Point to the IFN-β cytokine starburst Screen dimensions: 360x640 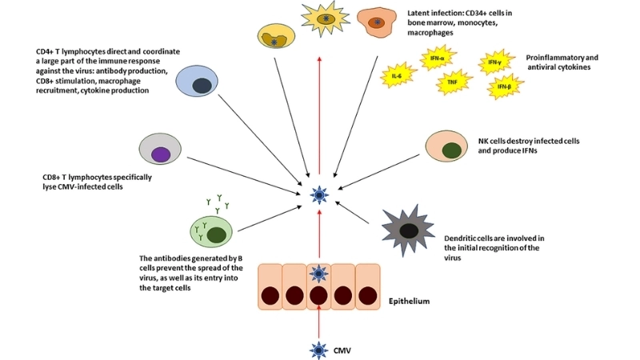pos(505,86)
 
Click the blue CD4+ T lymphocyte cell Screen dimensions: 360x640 pos(197,84)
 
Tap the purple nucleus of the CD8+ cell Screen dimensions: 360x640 pos(161,154)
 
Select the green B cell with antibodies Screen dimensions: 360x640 pos(211,233)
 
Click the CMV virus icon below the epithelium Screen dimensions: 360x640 pos(319,349)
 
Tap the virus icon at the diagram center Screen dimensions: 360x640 pos(319,192)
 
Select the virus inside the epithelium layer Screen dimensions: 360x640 pos(319,274)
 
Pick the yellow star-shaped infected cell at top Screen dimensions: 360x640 pos(325,18)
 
